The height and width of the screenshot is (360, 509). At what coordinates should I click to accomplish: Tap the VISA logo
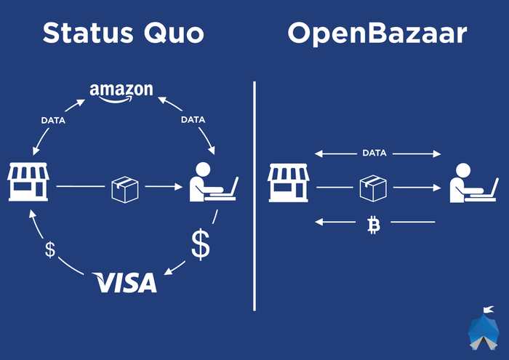click(124, 282)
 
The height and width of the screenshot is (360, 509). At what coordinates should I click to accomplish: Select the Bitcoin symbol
click(374, 225)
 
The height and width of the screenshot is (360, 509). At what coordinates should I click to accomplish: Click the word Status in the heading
click(88, 33)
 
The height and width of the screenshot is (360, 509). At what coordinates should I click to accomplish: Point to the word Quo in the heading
click(174, 33)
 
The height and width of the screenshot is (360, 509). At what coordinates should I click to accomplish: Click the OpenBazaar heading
click(377, 34)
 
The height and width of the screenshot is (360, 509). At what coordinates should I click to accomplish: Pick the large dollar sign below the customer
click(201, 244)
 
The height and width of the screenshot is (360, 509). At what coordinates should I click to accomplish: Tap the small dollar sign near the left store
click(50, 249)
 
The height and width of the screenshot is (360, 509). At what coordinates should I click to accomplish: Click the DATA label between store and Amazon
click(53, 121)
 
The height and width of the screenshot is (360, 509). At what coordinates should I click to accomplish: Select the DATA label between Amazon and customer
click(193, 120)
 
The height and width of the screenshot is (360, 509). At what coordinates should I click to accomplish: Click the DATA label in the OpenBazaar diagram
click(374, 153)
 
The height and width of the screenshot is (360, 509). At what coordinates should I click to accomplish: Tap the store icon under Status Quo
click(28, 182)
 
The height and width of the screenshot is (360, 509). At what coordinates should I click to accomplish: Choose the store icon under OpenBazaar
click(288, 183)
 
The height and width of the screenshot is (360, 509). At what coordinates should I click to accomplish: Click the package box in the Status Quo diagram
click(125, 190)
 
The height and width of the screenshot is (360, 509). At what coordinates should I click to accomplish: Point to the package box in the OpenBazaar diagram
click(373, 188)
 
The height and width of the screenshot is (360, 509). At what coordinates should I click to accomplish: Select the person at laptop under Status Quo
click(214, 182)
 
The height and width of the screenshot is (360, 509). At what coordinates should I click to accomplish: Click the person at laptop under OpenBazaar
click(474, 183)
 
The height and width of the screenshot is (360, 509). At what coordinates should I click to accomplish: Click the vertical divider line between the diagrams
click(254, 196)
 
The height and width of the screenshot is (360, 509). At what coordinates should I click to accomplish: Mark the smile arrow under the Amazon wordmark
click(116, 99)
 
